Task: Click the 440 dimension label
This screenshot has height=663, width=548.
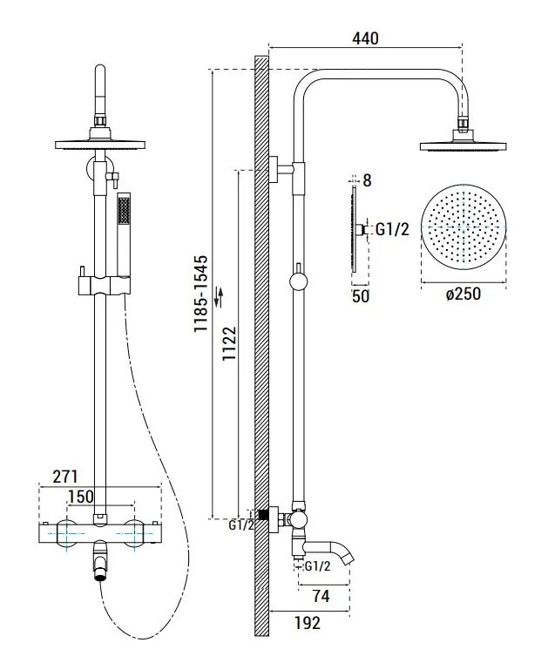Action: coord(365,38)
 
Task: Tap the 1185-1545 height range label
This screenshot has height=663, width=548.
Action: coord(201,294)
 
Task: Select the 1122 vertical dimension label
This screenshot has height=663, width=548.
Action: coord(230,343)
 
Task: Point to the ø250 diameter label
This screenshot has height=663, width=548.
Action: coord(463,294)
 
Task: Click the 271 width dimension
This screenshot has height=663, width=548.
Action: coord(65,477)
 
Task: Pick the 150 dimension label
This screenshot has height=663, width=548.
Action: coord(81,496)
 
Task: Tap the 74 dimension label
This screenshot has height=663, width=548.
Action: coord(321,596)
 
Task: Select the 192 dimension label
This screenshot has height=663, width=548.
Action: coord(308,622)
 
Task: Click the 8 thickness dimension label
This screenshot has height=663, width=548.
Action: coord(367,180)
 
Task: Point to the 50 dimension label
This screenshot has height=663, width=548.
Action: coord(361,296)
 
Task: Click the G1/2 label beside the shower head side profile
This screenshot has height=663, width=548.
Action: coord(392,230)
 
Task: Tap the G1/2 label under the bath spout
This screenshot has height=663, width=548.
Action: coord(317,565)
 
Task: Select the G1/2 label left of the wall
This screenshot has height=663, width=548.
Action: coord(241,525)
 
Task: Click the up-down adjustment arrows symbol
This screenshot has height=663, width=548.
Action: coord(219,296)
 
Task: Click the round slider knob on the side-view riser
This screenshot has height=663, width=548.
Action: coord(299,281)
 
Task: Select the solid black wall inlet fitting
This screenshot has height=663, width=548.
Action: coord(264,515)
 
